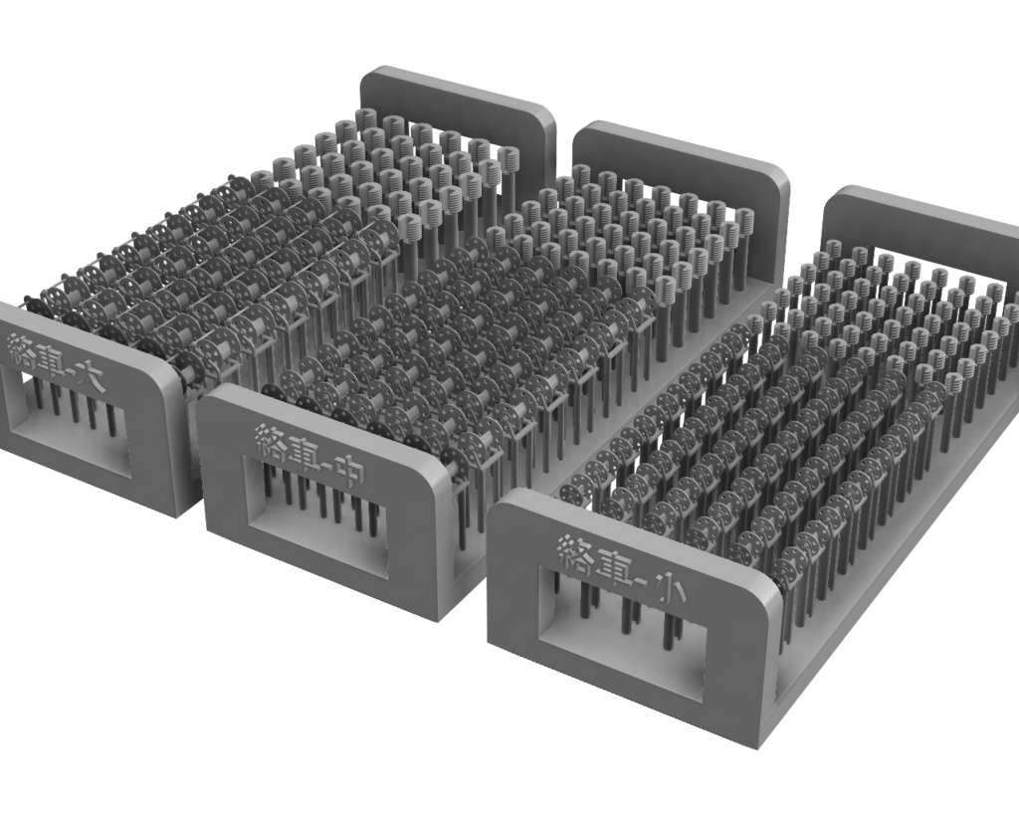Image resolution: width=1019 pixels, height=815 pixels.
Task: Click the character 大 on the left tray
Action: pyautogui.click(x=89, y=374)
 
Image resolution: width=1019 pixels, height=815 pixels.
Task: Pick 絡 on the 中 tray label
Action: pyautogui.click(x=270, y=442)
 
